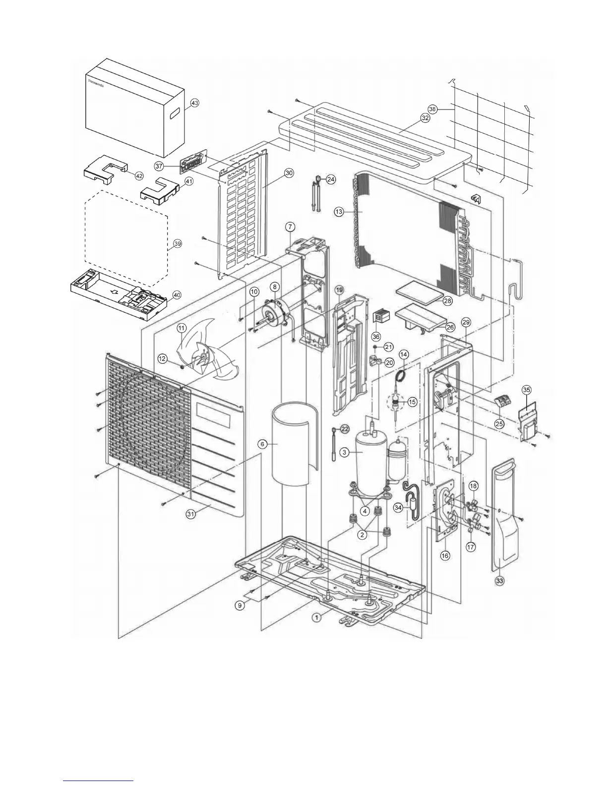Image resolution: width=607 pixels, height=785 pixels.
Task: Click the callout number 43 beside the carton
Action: tap(195, 103)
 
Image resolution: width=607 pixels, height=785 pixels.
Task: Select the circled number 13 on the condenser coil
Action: tap(339, 212)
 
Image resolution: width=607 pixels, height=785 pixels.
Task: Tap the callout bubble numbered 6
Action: tap(262, 444)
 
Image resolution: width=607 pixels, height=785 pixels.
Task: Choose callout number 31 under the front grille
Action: tap(190, 514)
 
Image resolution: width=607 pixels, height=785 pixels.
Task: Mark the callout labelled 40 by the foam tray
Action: tap(177, 294)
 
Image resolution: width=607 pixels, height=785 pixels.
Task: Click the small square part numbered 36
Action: tap(381, 315)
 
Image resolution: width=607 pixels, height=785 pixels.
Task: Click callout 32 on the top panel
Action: tap(425, 118)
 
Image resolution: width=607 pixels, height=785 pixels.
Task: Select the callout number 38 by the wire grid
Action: tap(432, 109)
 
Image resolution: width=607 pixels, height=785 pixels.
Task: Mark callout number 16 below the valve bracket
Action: tap(445, 556)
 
